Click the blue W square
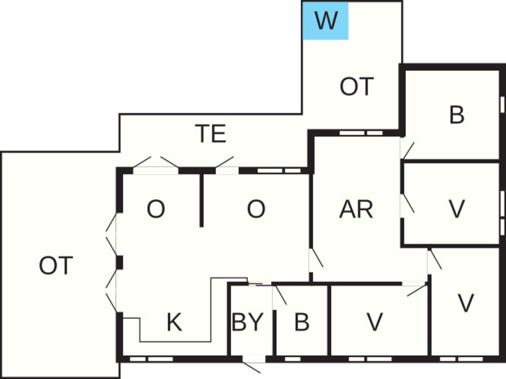point(325,21)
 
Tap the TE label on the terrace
point(211,134)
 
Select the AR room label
point(356,209)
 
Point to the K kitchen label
point(174,322)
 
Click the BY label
point(247,322)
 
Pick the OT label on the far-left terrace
point(56,265)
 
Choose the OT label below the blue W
point(357,86)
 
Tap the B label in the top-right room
point(457,115)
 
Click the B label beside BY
point(302,322)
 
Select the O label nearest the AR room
point(256,209)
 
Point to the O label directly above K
point(156,209)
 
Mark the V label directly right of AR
point(456,209)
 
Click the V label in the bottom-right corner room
point(466,303)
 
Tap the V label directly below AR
point(375,322)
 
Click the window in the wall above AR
point(361,133)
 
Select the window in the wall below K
point(151,359)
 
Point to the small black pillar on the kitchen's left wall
point(119,262)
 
